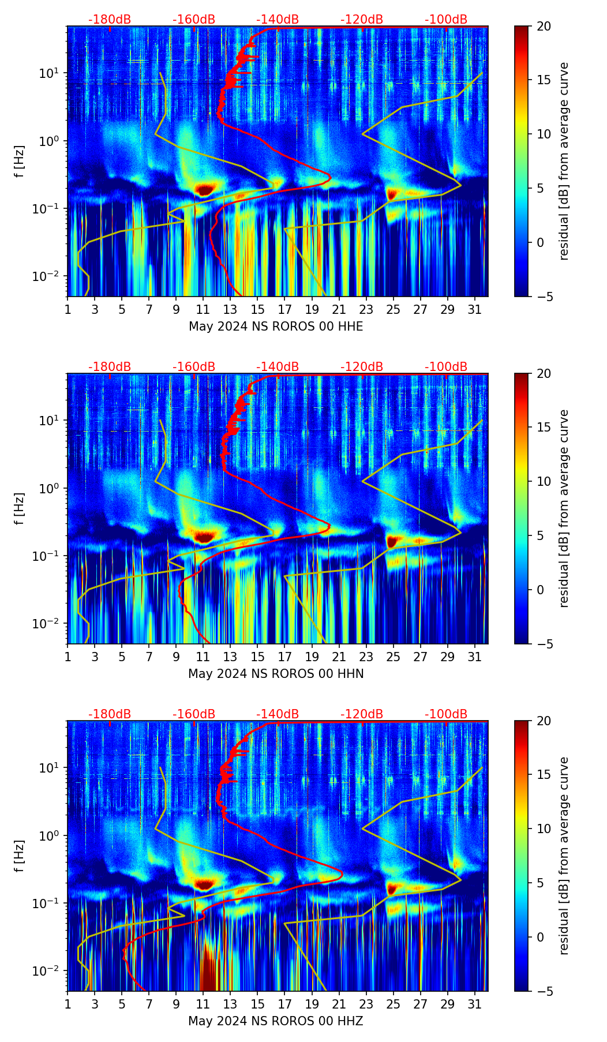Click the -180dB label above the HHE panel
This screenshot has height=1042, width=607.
click(110, 20)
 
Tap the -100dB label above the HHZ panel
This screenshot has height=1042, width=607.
click(446, 714)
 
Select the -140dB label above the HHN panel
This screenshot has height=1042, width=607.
click(278, 367)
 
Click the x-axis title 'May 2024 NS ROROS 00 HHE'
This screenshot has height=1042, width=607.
click(276, 327)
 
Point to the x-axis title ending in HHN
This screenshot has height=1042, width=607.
click(276, 674)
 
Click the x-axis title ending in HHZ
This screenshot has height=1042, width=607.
click(276, 1021)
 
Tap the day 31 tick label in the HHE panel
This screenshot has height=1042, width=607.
click(475, 310)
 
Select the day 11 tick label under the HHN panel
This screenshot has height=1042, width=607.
click(203, 657)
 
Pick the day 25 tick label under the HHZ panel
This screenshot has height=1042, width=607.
click(394, 1004)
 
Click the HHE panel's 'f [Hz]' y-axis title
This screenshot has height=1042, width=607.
click(20, 162)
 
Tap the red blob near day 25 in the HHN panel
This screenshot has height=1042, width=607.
click(392, 541)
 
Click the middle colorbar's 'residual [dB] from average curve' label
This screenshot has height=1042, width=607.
click(564, 508)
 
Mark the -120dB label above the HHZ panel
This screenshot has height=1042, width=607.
click(362, 714)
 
